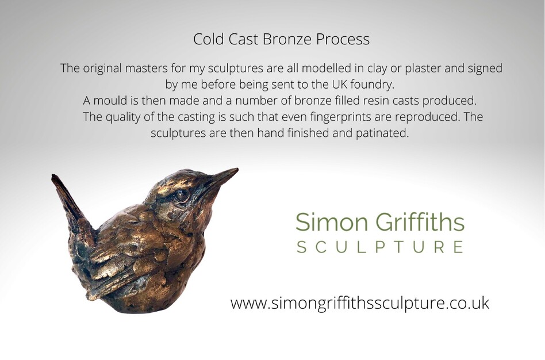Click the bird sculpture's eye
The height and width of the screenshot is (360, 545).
(182, 196)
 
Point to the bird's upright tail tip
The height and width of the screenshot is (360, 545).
(55, 177)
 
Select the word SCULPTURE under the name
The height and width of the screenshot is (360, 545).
(379, 248)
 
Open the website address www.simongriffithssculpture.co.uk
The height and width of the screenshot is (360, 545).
(360, 303)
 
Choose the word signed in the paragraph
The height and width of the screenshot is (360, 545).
(484, 68)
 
